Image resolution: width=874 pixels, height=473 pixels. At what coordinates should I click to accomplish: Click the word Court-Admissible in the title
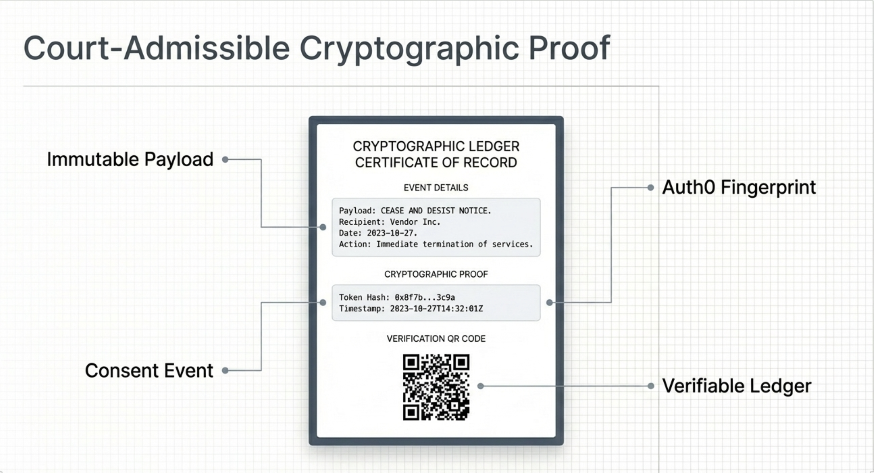coord(156,48)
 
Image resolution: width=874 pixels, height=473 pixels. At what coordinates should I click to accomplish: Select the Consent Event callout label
coord(149,371)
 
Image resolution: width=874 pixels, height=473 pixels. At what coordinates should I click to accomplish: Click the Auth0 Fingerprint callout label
coord(739,187)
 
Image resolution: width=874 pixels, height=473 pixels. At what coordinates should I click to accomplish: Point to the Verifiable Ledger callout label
coord(737,386)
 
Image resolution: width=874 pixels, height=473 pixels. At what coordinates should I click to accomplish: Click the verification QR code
coord(436,387)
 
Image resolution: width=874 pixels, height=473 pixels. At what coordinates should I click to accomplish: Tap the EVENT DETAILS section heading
coord(436,188)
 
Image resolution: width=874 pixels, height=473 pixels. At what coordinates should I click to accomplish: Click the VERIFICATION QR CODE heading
coord(436,339)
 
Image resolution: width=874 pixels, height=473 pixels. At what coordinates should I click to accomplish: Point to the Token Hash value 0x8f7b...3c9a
coord(425,298)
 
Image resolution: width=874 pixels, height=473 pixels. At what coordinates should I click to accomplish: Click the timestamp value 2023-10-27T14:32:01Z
coord(436,309)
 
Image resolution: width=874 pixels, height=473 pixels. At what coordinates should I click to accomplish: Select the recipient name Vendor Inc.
coord(415,222)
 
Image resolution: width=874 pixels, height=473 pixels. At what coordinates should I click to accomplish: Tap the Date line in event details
coord(378,233)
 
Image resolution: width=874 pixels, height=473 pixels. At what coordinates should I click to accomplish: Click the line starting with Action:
coord(436,244)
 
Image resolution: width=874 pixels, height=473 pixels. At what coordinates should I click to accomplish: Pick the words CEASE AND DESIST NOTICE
coord(436,211)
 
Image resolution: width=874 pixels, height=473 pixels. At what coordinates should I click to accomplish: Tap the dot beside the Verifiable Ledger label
coord(651,386)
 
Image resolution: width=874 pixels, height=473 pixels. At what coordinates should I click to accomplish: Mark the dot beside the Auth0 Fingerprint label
coord(651,187)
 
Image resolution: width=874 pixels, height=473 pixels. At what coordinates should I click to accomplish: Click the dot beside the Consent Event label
coord(225,371)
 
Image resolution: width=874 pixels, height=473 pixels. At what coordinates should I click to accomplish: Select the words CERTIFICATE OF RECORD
coord(436,163)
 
